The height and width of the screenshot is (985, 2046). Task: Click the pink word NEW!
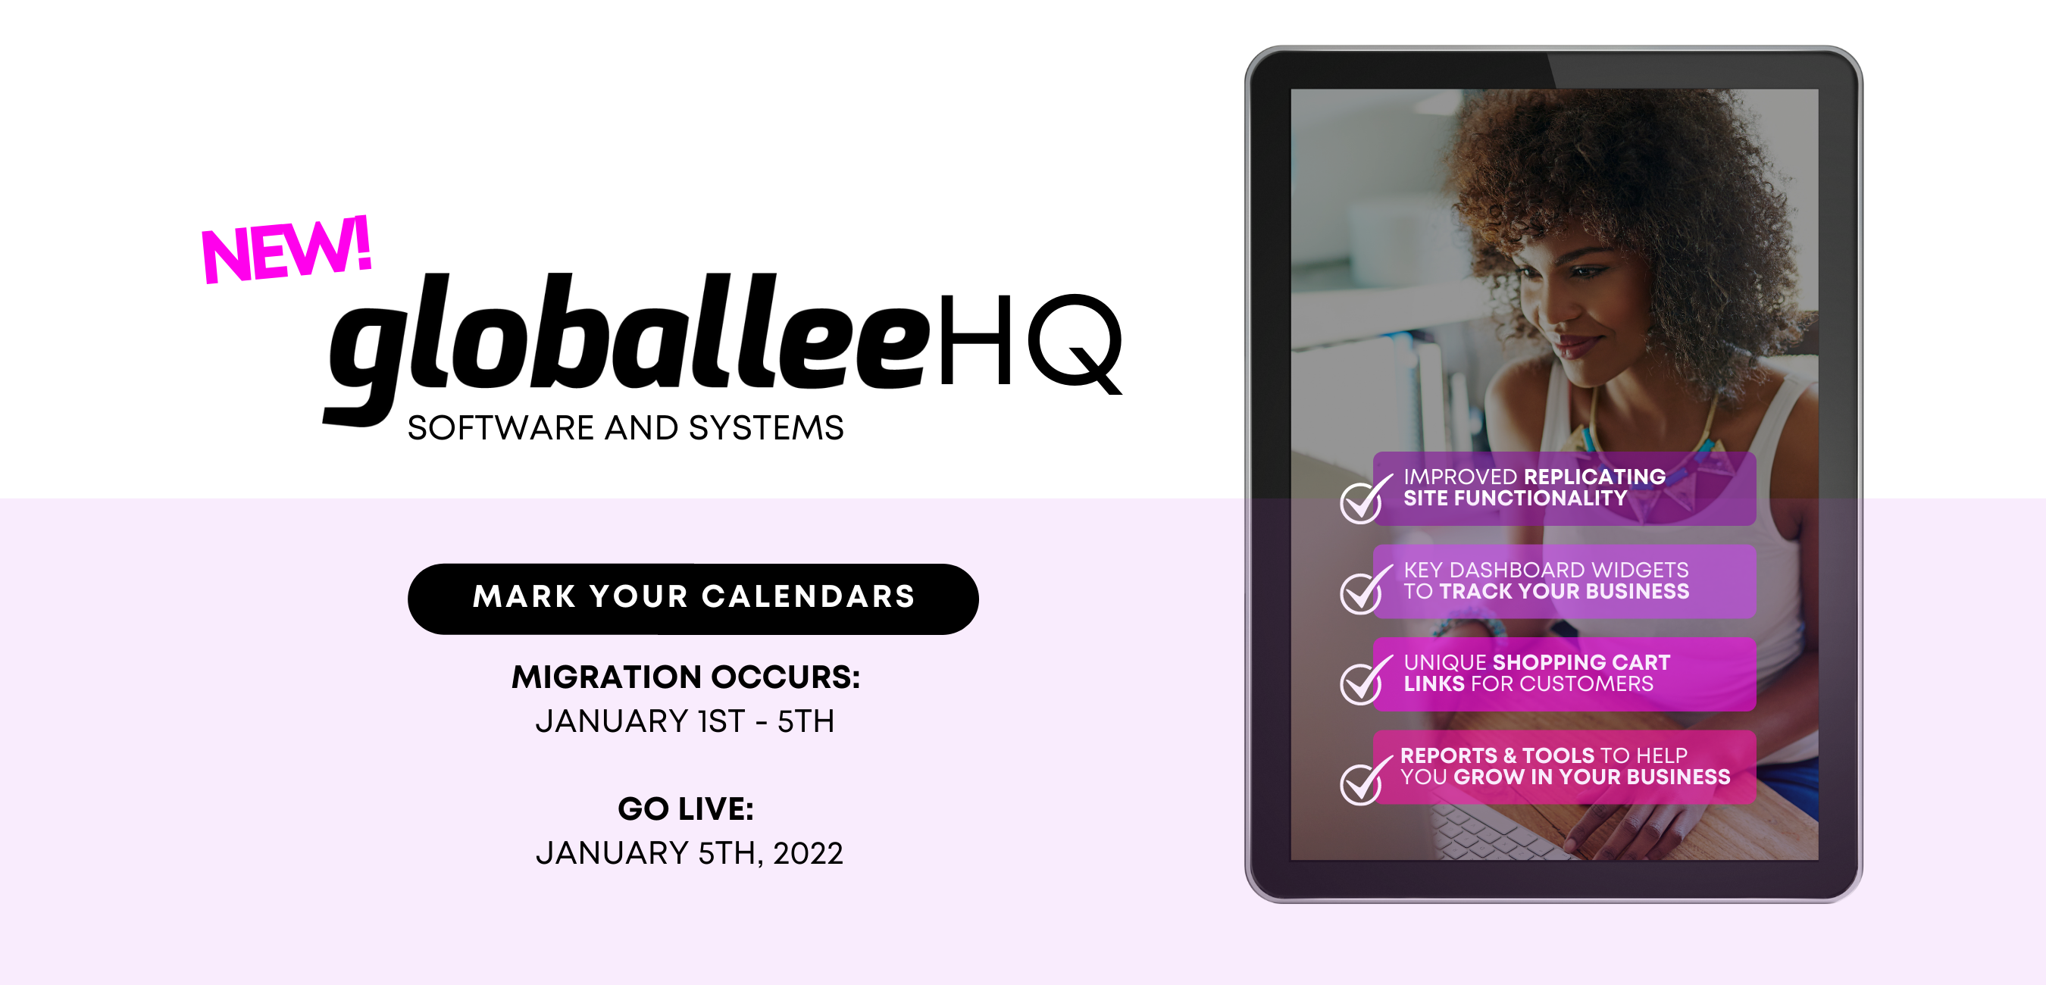tap(286, 250)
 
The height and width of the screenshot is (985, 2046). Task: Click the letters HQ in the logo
tap(1029, 342)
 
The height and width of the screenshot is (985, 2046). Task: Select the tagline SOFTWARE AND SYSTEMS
tap(625, 428)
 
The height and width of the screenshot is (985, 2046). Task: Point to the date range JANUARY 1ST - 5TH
tap(684, 721)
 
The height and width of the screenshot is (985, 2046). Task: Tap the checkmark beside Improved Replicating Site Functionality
tap(1363, 500)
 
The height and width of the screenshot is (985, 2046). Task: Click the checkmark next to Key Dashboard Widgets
tap(1363, 592)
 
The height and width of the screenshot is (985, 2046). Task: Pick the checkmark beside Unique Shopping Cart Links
tap(1363, 683)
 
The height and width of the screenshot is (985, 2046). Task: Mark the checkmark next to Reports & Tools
tap(1363, 783)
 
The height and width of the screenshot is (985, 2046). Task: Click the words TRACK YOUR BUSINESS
tap(1564, 592)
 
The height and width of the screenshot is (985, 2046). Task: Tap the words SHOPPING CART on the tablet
tap(1581, 662)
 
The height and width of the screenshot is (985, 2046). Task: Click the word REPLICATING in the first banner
tap(1594, 477)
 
